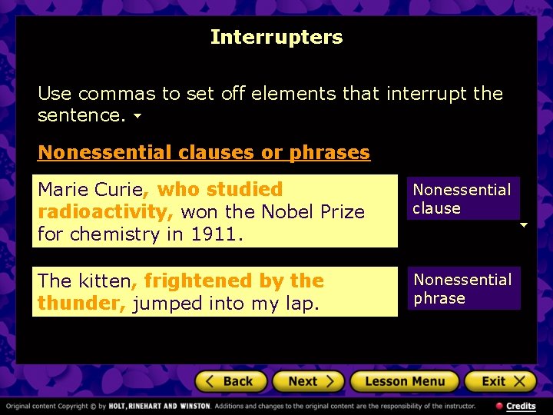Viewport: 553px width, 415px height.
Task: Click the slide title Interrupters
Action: point(276,37)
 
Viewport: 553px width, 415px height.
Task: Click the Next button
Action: point(311,381)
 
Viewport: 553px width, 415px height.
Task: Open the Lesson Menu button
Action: point(404,381)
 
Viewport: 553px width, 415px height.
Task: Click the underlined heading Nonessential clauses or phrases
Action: point(204,152)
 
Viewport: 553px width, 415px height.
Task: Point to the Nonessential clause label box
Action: point(462,198)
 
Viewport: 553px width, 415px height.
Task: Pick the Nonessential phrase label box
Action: point(462,288)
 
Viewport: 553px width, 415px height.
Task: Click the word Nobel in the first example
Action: point(286,211)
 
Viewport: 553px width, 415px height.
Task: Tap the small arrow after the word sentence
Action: point(137,117)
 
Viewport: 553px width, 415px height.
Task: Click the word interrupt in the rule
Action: point(427,94)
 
